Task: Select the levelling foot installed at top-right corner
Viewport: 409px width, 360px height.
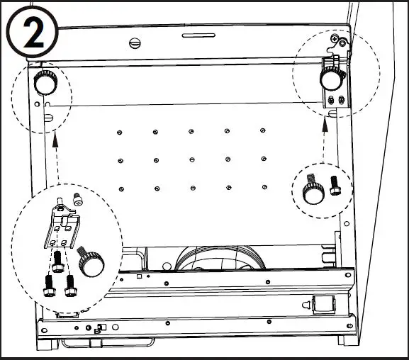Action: pyautogui.click(x=330, y=79)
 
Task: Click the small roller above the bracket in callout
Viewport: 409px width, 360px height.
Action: pyautogui.click(x=74, y=201)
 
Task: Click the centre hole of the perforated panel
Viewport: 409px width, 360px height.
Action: pyautogui.click(x=191, y=159)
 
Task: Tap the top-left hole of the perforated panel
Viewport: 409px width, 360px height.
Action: pyautogui.click(x=118, y=132)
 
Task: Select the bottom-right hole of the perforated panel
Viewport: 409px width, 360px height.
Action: pyautogui.click(x=264, y=187)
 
